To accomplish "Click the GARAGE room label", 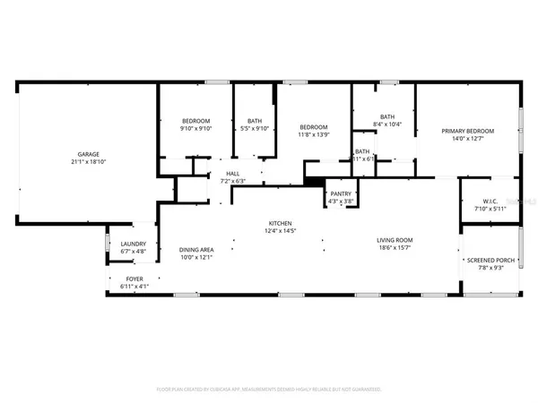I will (87, 153).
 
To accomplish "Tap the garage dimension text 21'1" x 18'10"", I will (87, 162).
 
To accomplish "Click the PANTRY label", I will (341, 193).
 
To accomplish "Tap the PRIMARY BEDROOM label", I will (467, 131).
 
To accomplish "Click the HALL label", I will (232, 173).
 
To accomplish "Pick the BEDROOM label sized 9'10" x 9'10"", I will (195, 121).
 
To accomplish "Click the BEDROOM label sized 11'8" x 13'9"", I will (313, 126).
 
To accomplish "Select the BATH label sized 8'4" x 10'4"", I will (387, 116).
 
